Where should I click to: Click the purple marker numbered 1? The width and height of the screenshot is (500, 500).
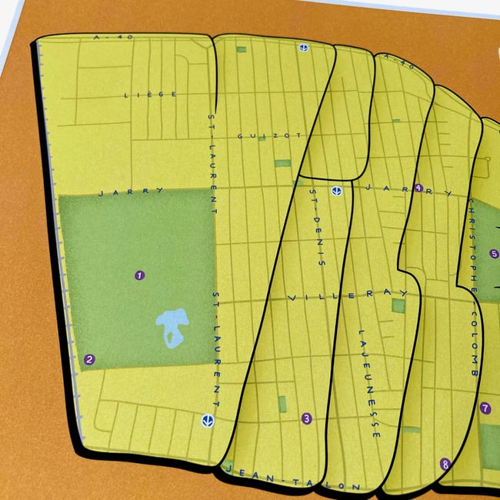tap(139, 275)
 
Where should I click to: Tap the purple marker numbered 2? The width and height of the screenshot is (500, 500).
tap(90, 358)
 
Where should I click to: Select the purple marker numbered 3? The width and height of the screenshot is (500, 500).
tap(306, 419)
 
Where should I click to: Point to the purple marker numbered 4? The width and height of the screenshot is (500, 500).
tap(418, 188)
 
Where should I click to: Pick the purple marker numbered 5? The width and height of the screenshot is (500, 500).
tap(494, 254)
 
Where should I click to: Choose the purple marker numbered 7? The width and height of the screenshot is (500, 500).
tap(485, 408)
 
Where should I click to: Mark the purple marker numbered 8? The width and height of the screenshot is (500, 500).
tap(445, 464)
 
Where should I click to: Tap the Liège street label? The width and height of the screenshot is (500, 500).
tap(151, 94)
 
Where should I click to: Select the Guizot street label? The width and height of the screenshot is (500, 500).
tap(256, 136)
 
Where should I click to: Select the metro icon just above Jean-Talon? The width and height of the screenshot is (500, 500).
tap(207, 420)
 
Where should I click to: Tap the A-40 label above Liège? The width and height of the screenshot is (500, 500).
tap(103, 37)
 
